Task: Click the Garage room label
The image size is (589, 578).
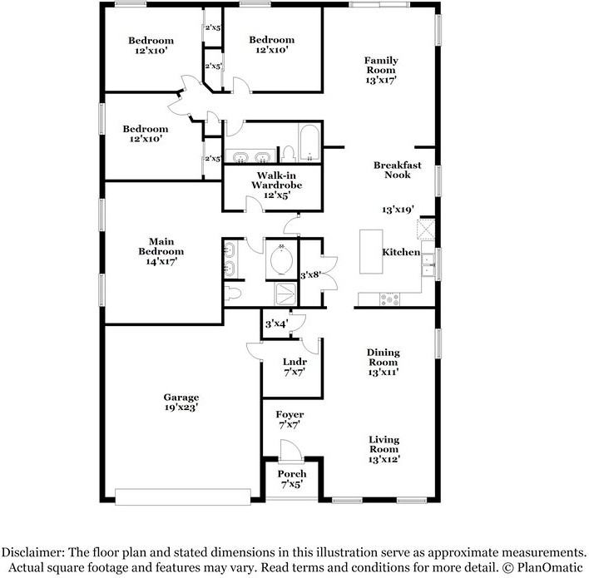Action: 181,403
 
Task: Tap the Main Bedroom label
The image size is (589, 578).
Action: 161,251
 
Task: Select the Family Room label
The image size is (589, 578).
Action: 381,70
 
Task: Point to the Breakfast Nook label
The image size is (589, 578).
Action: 398,170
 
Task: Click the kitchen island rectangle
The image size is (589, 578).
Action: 371,252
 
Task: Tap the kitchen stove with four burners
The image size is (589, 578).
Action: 389,299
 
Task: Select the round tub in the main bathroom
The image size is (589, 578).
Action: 282,260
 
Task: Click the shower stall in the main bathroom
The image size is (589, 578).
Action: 285,294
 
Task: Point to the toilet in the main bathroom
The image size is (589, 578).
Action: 232,294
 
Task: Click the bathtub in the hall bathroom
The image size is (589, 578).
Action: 310,143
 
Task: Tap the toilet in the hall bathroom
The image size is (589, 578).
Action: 289,155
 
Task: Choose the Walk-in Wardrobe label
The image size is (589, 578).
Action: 277,185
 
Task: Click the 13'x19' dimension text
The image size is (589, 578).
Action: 398,210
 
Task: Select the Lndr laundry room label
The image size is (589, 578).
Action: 294,367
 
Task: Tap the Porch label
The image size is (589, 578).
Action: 292,479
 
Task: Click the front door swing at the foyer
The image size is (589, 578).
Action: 290,450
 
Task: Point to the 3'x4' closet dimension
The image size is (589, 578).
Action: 277,324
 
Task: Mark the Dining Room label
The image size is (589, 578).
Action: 384,362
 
